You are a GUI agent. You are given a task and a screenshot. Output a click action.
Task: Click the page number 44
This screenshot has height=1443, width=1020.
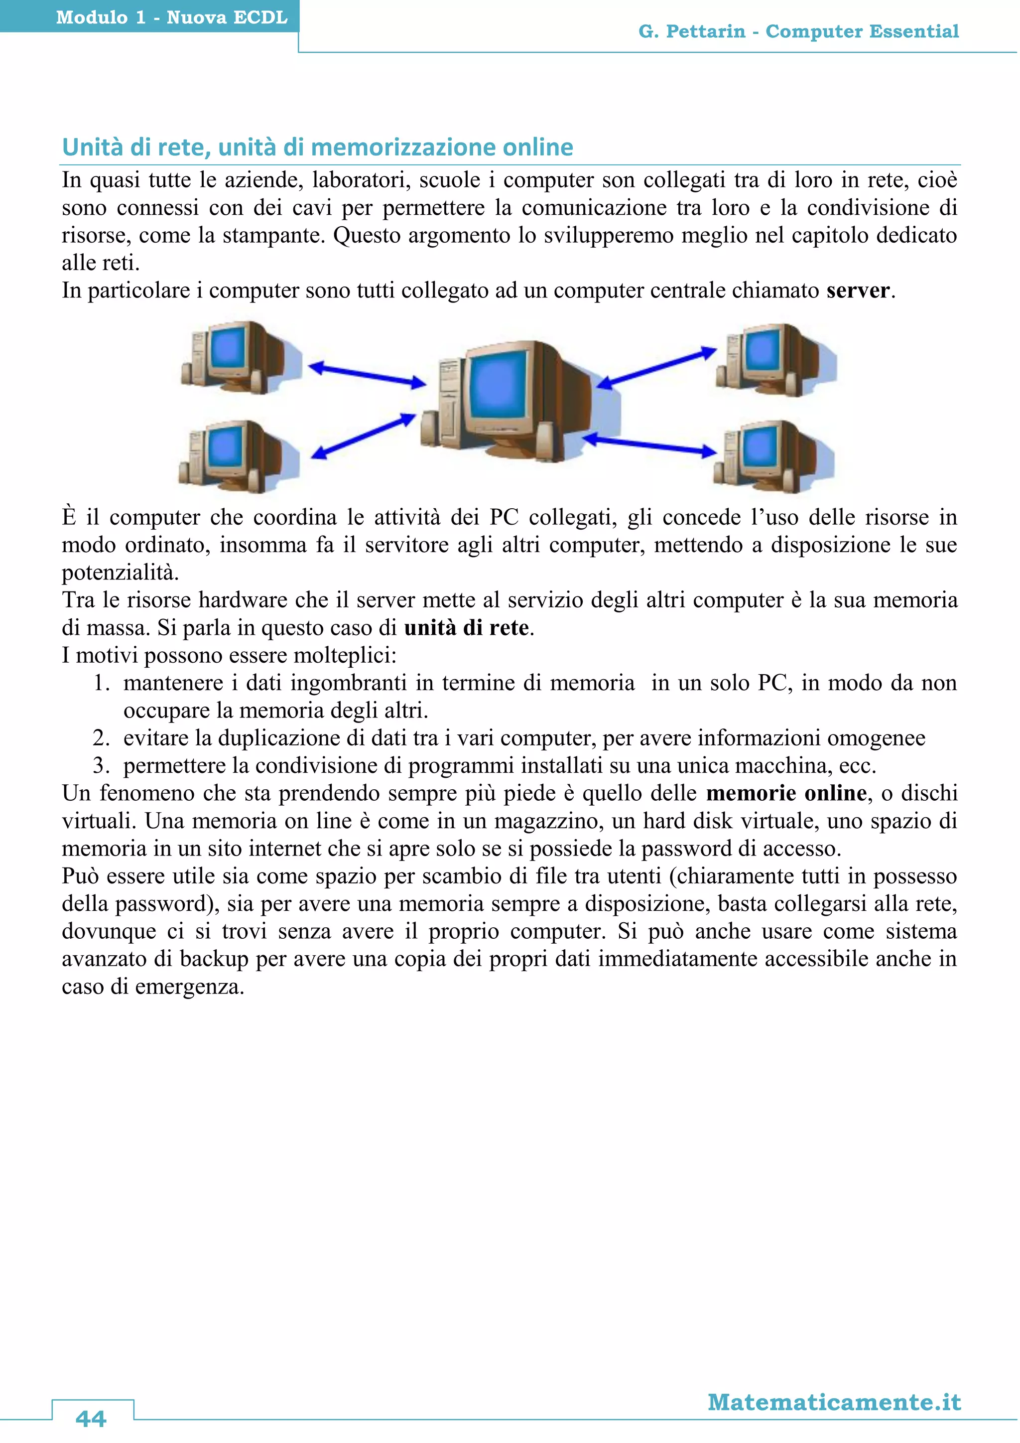91,1418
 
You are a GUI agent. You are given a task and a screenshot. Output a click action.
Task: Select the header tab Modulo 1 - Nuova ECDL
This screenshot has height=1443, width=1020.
171,17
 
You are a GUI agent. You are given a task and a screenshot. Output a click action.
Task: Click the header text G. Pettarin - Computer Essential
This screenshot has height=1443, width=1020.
798,31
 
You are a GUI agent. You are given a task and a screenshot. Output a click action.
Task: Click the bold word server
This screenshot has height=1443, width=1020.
858,290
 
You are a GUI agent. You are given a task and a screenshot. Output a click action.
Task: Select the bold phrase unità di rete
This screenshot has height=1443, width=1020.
466,627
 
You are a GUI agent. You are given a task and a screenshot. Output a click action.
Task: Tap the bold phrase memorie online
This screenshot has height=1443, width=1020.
786,793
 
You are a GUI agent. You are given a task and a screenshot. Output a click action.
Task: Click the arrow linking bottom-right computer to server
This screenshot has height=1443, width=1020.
649,444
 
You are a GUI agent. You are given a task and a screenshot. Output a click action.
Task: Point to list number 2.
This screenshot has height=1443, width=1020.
102,738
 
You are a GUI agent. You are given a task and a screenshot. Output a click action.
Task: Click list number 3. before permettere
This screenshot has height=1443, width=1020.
102,765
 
